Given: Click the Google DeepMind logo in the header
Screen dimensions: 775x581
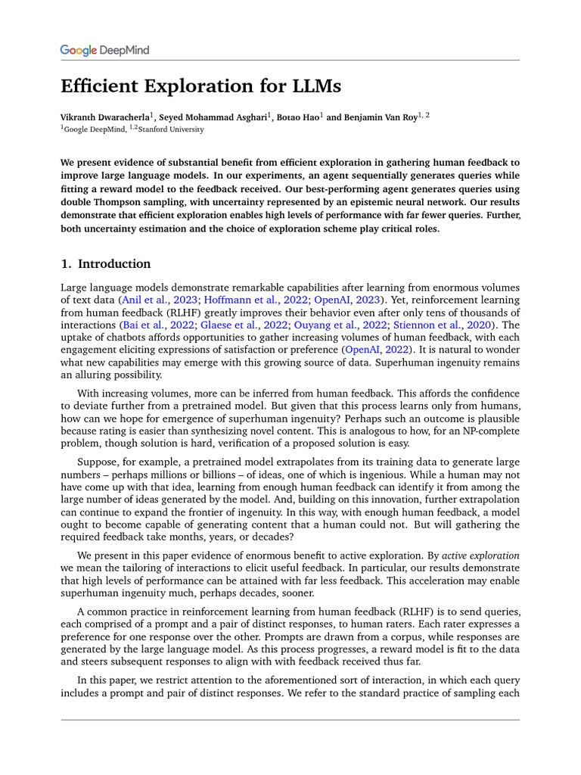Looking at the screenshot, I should tap(104, 51).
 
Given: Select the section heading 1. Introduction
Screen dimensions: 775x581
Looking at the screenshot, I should tap(105, 264).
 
